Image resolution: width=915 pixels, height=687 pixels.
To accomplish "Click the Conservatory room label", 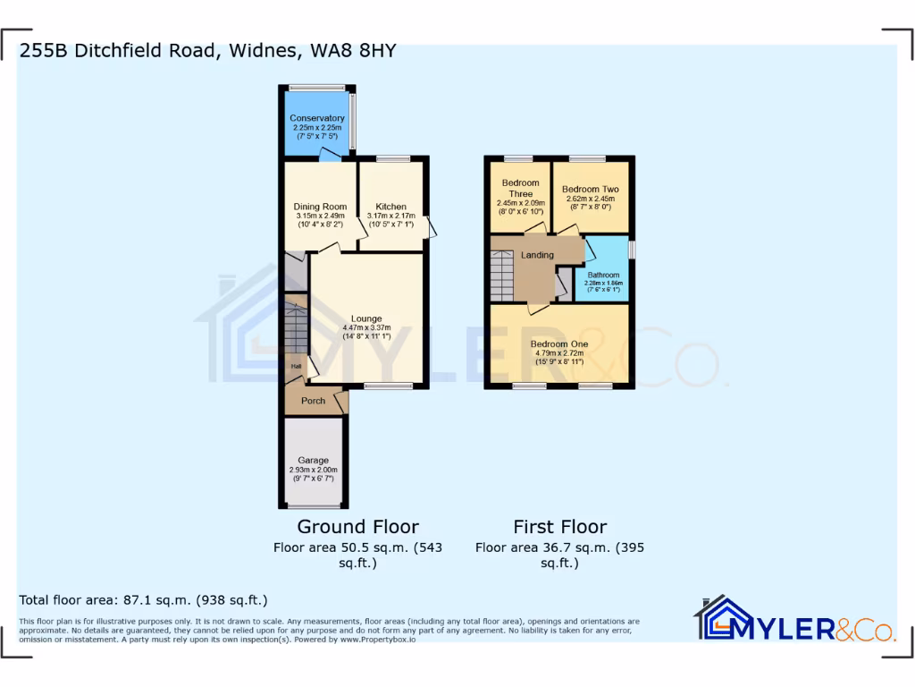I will (316, 118).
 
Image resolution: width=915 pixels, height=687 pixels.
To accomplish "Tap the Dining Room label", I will (320, 207).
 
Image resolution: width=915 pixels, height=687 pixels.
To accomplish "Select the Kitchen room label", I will (390, 207).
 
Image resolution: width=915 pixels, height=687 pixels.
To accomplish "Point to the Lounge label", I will (366, 318).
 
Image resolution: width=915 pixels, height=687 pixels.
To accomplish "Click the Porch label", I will (313, 401).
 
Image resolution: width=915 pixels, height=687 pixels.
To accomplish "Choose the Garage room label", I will (313, 461).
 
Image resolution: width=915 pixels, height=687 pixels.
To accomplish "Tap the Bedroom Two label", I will (590, 190).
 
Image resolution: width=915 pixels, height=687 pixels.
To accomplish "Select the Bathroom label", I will (603, 275).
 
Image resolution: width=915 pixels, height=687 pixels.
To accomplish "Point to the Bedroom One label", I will (559, 343).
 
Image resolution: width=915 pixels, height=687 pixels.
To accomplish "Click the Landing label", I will (537, 255).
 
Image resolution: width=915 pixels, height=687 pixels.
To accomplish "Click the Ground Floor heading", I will (357, 527).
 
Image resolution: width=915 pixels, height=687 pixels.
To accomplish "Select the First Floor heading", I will (559, 527).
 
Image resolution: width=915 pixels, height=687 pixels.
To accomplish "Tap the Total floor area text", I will (143, 600).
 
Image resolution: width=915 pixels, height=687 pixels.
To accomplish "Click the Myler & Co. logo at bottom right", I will (794, 619).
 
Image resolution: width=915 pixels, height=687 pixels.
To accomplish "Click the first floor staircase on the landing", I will (502, 276).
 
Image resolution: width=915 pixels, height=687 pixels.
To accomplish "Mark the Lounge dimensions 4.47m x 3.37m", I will (366, 327).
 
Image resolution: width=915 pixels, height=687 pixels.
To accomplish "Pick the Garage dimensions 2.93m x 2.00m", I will (313, 470).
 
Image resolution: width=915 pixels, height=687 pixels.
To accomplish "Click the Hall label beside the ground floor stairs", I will (294, 367).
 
